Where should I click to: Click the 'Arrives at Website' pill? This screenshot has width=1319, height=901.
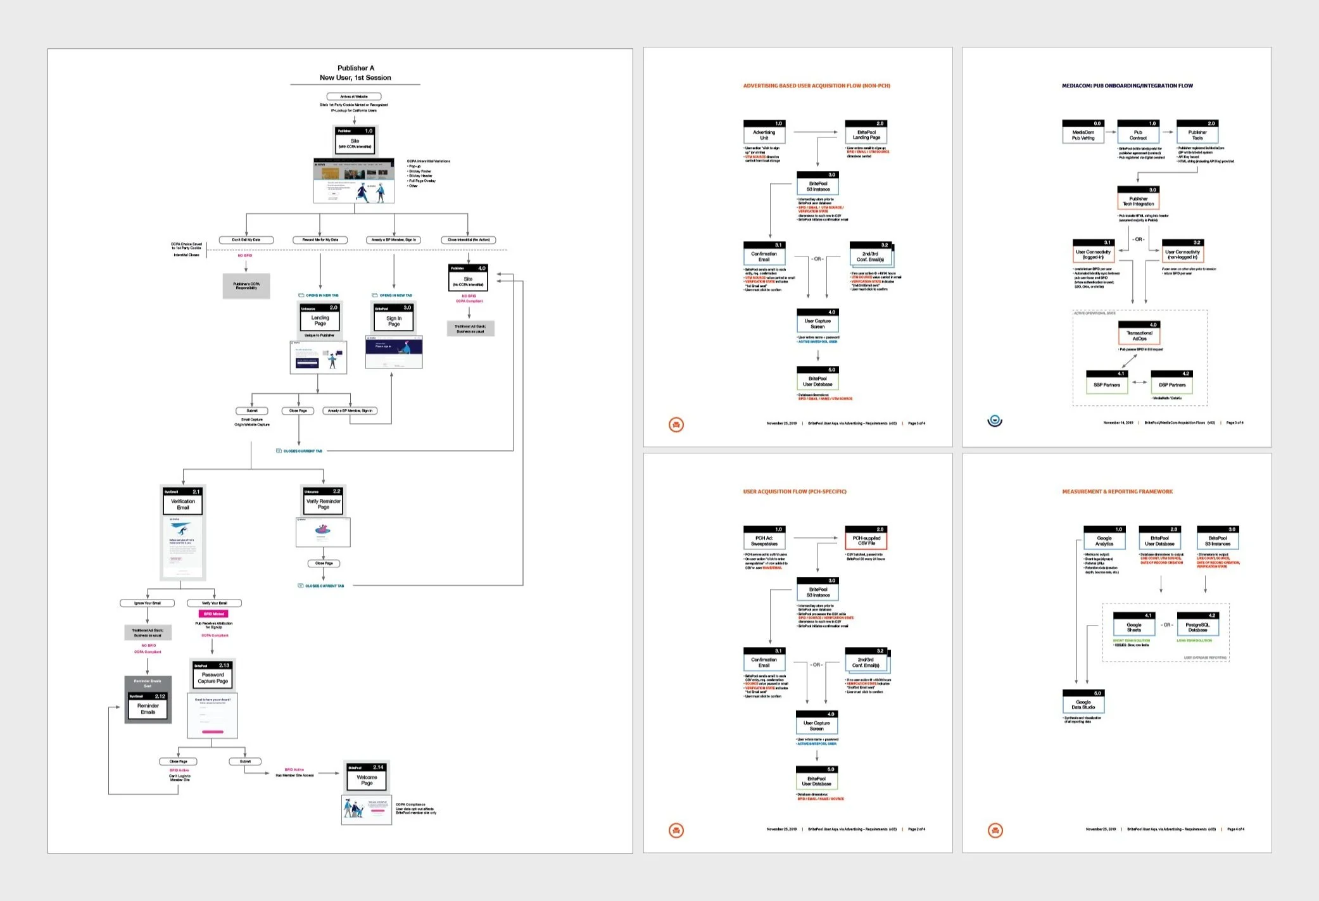(353, 96)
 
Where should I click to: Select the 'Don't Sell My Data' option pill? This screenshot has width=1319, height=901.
(246, 240)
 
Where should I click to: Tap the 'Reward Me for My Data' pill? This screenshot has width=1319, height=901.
(320, 240)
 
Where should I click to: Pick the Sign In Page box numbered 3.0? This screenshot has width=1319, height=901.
(393, 317)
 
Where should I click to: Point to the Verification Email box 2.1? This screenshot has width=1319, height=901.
(183, 501)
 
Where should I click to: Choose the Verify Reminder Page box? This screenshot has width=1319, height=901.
(323, 501)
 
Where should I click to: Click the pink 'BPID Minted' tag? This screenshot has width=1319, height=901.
(213, 614)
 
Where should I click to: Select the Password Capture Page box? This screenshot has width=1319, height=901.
(213, 675)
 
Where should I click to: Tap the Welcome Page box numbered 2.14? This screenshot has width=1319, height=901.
(367, 777)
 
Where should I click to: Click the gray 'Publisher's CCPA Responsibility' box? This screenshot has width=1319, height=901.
(246, 286)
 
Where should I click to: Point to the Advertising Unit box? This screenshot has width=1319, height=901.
(764, 132)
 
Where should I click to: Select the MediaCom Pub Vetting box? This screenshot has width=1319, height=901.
(1083, 132)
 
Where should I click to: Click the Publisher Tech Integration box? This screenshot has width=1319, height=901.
(1138, 198)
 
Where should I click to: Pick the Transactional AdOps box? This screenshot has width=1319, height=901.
(1139, 333)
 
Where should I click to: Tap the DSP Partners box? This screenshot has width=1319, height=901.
(1172, 382)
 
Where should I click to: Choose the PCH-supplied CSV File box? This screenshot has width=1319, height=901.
(866, 538)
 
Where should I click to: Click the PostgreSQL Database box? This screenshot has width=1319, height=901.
(1197, 624)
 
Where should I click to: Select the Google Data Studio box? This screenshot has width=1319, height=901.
(1083, 702)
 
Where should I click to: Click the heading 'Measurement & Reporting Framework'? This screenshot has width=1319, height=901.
(1117, 491)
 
